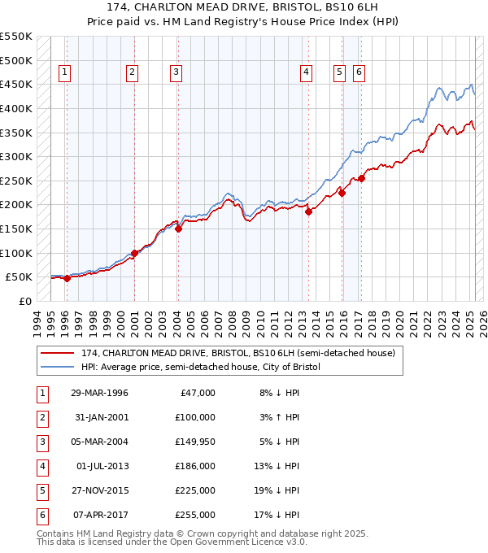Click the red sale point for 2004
[178, 229]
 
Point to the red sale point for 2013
[309, 211]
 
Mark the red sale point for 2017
[361, 178]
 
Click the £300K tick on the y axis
[16, 156]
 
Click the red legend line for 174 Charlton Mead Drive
[58, 353]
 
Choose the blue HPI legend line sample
[58, 368]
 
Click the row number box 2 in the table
[41, 418]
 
